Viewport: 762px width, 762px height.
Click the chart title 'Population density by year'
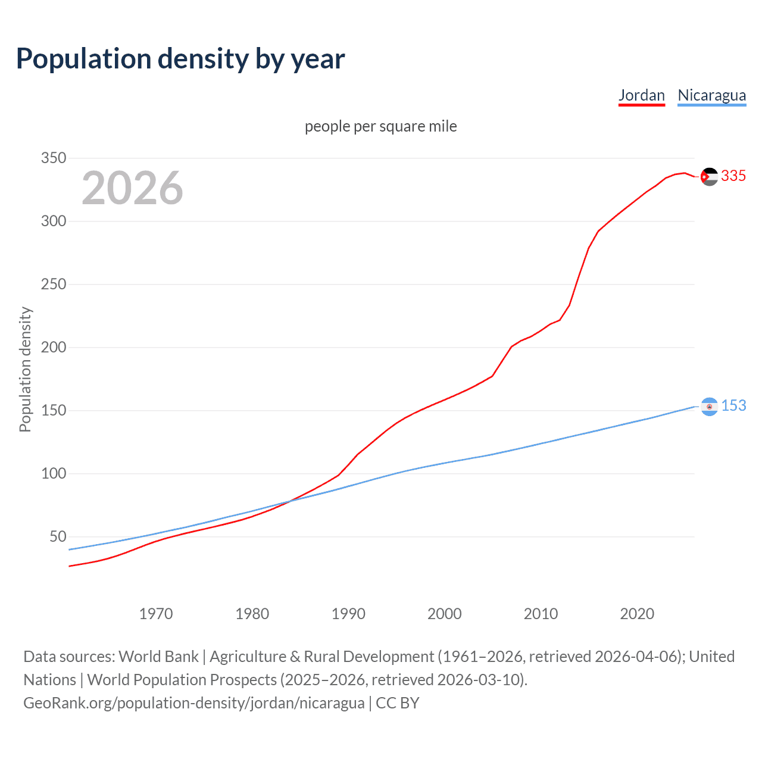click(x=180, y=58)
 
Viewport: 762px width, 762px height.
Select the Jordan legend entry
click(x=641, y=95)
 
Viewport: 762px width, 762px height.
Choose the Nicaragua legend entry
click(x=711, y=95)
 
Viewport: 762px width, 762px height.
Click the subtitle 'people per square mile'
click(x=380, y=126)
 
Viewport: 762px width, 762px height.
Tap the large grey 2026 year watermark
click(x=132, y=188)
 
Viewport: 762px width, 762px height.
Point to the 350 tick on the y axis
click(x=53, y=158)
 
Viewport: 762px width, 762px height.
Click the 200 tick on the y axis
click(x=53, y=347)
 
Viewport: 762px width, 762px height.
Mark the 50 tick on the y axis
click(x=58, y=536)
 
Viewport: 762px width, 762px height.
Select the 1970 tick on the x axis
click(x=155, y=613)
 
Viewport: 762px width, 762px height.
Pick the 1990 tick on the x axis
click(x=348, y=613)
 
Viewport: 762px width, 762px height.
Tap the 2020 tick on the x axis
click(x=637, y=613)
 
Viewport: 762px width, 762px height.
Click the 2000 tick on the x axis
click(x=444, y=613)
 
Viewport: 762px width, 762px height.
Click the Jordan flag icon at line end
click(x=709, y=177)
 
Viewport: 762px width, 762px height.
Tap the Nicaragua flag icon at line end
click(x=709, y=406)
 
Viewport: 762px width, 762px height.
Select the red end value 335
click(x=733, y=176)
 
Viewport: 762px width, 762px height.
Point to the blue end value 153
click(x=733, y=405)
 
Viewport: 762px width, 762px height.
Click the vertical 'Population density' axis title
click(x=25, y=369)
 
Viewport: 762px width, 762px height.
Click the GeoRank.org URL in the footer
click(x=193, y=702)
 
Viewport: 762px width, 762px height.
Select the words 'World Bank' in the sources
click(x=158, y=656)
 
